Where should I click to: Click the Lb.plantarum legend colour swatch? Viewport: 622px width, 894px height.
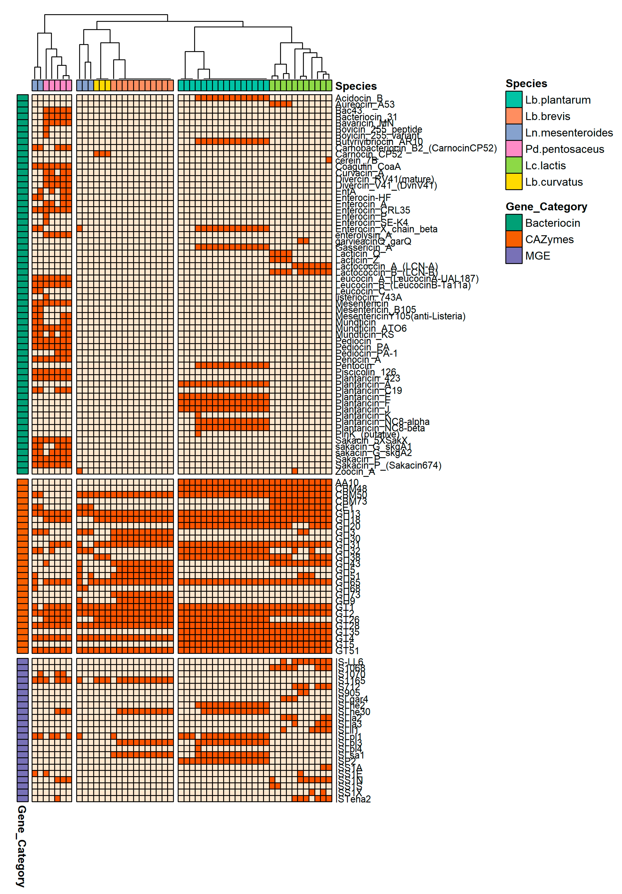point(513,100)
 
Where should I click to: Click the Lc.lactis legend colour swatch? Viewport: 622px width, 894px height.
point(513,165)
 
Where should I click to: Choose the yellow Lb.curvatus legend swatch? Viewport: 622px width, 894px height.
point(513,182)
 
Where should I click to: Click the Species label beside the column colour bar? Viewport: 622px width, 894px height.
point(356,86)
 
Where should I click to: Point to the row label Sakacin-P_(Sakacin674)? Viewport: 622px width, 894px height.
point(388,465)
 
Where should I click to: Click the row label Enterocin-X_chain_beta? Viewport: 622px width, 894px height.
point(386,229)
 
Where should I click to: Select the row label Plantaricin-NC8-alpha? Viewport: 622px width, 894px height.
point(382,422)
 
